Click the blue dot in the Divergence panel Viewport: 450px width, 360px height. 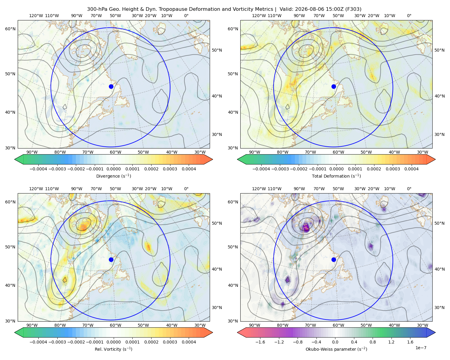point(111,86)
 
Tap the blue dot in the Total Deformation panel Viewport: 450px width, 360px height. point(334,86)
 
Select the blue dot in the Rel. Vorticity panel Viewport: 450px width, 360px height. point(111,259)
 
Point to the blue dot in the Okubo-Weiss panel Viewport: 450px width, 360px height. point(334,259)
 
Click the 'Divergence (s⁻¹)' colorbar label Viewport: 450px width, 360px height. point(113,176)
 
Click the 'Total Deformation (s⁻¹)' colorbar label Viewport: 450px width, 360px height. point(336,176)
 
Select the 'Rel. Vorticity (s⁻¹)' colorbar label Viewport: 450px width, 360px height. point(113,349)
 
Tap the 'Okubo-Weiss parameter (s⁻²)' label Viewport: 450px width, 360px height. point(336,349)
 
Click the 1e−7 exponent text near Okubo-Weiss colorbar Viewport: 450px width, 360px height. point(421,348)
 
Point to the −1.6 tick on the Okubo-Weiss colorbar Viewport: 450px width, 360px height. point(260,342)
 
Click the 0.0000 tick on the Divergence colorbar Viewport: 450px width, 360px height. point(113,169)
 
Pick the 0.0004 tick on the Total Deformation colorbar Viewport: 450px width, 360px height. point(411,169)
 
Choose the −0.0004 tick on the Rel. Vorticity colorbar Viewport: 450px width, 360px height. point(38,342)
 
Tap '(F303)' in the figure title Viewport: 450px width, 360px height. point(353,9)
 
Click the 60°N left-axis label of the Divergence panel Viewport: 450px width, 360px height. point(10,29)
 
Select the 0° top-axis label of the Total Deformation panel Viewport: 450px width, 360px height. point(409,16)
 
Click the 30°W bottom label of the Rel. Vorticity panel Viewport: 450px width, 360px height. point(200,325)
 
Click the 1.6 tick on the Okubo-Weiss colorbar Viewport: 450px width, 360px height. point(410,342)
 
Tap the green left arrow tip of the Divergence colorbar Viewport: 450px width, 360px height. point(15,159)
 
